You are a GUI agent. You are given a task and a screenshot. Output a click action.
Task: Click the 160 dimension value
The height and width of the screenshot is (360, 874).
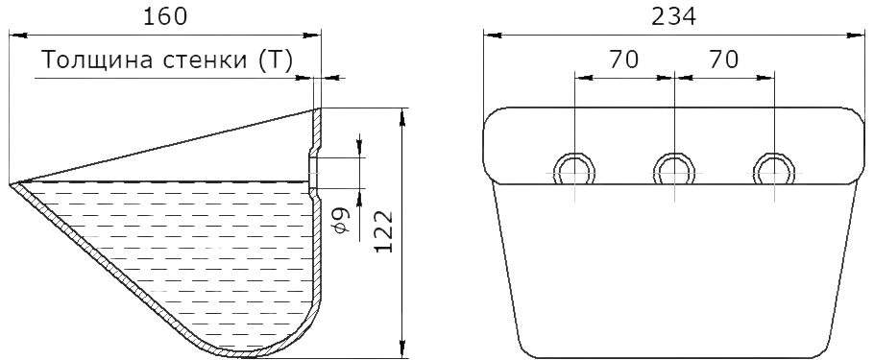click(x=165, y=16)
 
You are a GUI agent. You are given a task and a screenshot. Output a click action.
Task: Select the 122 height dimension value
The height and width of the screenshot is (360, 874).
click(x=383, y=231)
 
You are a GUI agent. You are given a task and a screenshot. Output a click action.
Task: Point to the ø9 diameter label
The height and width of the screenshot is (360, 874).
click(x=342, y=220)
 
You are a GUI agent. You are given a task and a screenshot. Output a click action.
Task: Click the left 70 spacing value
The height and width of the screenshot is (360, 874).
click(x=623, y=60)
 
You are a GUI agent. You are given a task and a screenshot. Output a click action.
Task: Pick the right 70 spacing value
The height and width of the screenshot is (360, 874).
click(x=723, y=60)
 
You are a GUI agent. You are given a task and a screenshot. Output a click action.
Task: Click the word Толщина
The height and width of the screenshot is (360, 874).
click(x=98, y=60)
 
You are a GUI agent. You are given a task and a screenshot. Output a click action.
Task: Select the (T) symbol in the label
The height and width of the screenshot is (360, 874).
click(x=276, y=60)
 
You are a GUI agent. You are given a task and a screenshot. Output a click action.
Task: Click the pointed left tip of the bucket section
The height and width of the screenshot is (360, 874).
click(x=10, y=183)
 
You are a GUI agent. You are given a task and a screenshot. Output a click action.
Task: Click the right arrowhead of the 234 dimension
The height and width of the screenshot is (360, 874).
click(x=856, y=36)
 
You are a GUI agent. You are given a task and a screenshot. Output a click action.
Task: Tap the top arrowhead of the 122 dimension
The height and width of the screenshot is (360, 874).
click(x=401, y=117)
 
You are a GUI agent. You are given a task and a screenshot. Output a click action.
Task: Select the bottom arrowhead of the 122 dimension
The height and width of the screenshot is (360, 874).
click(x=401, y=348)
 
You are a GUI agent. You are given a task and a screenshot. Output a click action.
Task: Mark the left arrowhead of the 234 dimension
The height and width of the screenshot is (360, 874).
click(x=493, y=36)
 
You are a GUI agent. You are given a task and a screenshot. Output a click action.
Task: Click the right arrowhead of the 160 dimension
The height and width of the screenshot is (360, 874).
click(x=312, y=36)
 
